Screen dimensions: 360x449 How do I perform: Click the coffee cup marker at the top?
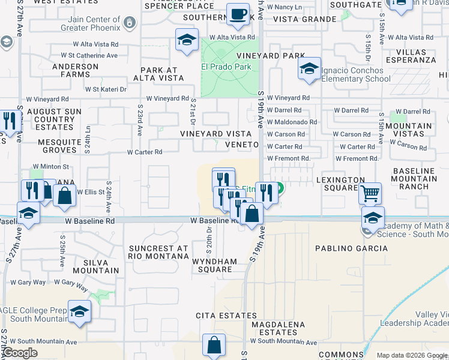click(x=238, y=14)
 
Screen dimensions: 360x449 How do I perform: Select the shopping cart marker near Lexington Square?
click(x=370, y=194)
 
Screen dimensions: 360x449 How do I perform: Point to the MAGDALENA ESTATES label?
click(x=274, y=328)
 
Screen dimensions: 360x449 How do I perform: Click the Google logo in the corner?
click(x=20, y=353)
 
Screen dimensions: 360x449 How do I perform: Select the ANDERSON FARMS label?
click(x=75, y=71)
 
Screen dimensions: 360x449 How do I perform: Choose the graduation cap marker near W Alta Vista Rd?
click(x=187, y=40)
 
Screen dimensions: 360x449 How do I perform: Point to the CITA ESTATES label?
click(x=217, y=315)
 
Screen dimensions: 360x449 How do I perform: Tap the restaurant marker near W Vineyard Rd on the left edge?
click(x=8, y=121)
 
